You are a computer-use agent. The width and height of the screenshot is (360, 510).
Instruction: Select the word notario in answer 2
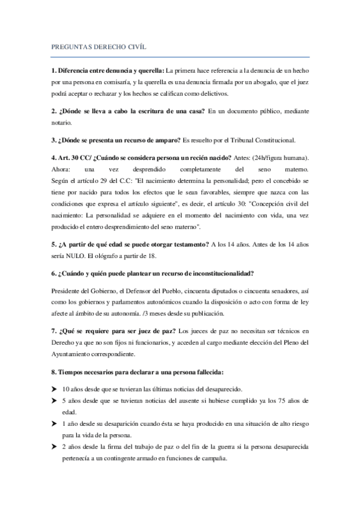coord(61,123)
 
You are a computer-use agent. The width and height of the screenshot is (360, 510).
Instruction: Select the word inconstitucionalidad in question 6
coord(213,272)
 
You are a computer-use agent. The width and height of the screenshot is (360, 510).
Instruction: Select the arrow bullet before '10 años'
coord(54,389)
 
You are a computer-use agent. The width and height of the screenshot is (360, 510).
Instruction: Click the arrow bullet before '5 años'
coord(54,400)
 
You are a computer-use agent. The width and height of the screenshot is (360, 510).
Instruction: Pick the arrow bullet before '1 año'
coord(54,423)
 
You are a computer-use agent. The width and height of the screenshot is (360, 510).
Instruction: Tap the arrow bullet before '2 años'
coord(54,446)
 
